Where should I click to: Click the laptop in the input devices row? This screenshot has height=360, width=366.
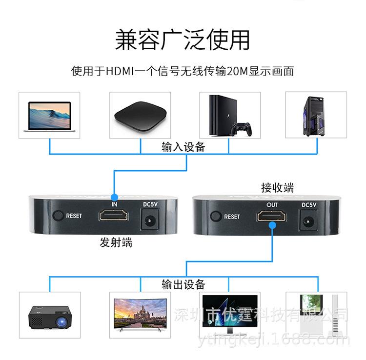(x=49, y=117)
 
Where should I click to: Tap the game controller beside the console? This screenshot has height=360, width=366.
(x=242, y=129)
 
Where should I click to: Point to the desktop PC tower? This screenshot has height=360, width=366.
(x=314, y=116)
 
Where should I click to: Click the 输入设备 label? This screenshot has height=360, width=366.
(x=183, y=147)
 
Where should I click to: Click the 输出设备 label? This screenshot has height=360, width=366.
(x=183, y=284)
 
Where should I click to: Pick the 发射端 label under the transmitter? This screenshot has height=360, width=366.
(x=116, y=242)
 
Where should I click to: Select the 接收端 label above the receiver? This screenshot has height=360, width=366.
(x=278, y=188)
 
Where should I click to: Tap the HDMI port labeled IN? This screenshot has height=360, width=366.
(x=114, y=215)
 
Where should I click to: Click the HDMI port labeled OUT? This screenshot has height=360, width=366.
(x=272, y=216)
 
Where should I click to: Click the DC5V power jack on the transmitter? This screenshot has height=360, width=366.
(x=150, y=220)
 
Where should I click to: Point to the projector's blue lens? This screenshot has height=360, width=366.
(x=61, y=322)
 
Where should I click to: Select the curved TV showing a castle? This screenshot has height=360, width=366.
(x=140, y=314)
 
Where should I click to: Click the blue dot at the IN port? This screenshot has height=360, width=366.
(x=114, y=198)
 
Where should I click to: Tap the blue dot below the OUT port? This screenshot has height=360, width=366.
(x=272, y=225)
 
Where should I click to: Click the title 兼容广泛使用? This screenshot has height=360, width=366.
(x=183, y=40)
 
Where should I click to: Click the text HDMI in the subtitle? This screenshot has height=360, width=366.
(x=120, y=71)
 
